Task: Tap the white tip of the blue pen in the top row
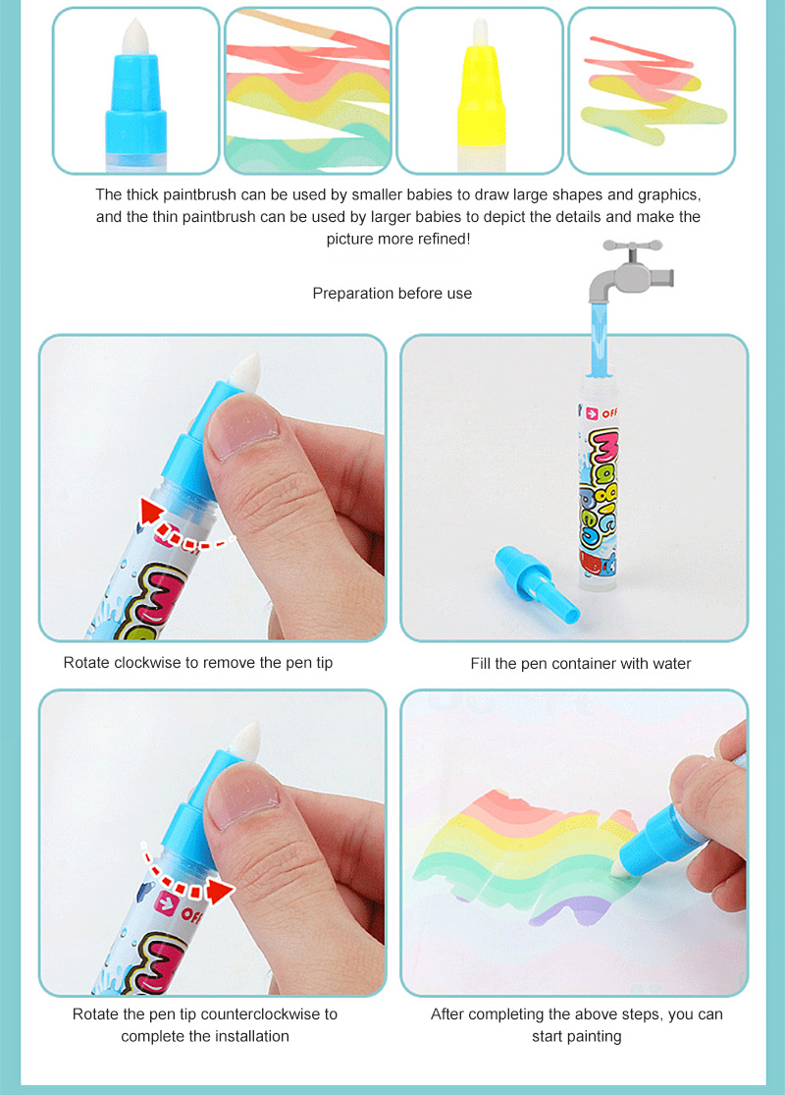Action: [134, 36]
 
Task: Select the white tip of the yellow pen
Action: [480, 32]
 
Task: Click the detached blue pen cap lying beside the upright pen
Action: [537, 582]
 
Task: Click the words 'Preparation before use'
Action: [392, 294]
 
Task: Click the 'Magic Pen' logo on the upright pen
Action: [600, 489]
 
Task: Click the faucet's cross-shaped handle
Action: [632, 246]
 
